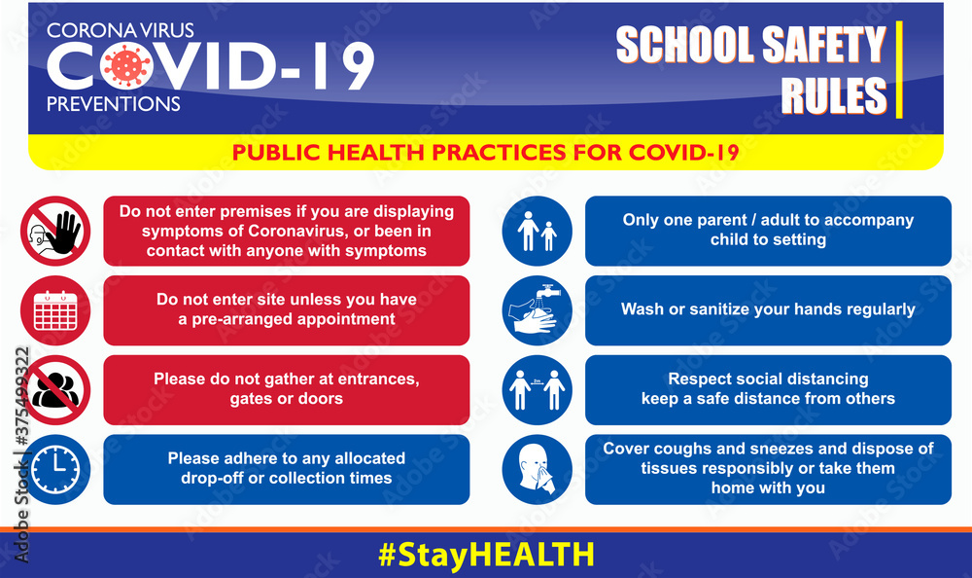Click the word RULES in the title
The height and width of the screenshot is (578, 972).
tap(834, 96)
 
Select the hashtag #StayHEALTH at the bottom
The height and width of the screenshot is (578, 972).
tap(485, 555)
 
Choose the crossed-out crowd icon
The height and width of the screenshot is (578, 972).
tap(55, 389)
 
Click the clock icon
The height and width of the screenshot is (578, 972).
tap(55, 470)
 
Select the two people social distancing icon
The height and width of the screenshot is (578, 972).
tap(537, 390)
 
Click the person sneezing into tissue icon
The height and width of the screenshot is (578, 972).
tap(537, 470)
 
